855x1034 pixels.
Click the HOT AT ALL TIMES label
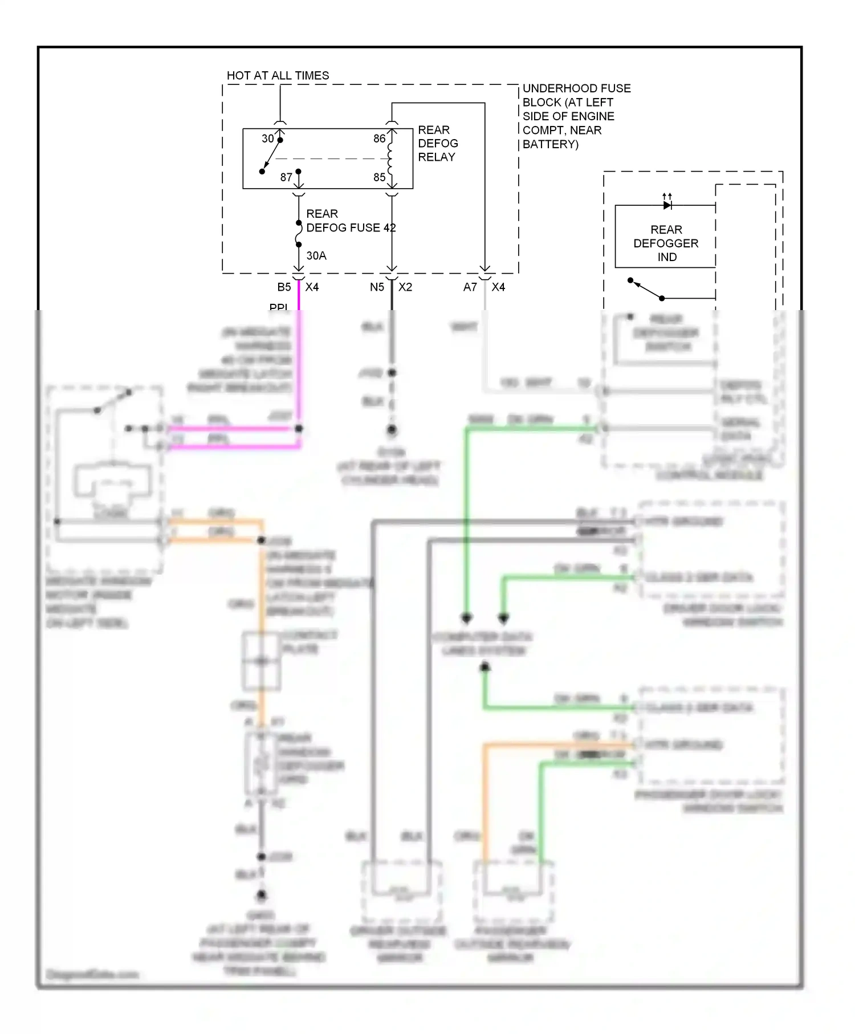click(x=278, y=75)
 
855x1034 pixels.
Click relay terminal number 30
click(x=267, y=139)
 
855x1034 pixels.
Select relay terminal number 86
click(x=379, y=139)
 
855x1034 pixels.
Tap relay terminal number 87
click(x=286, y=177)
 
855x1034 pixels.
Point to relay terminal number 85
click(x=379, y=177)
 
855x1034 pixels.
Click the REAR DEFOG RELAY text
click(x=437, y=143)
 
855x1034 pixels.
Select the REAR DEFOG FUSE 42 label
click(x=350, y=221)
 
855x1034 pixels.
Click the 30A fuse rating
click(x=316, y=256)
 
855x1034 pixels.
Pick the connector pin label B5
click(x=284, y=287)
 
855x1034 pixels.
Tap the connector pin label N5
click(x=377, y=287)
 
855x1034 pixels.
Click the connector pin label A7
click(x=470, y=287)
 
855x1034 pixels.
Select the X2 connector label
click(x=405, y=287)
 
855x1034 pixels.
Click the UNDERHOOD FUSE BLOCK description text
click(x=576, y=116)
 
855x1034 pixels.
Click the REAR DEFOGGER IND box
click(x=665, y=243)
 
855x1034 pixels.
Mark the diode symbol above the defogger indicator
click(x=667, y=205)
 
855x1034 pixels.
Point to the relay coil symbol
click(x=390, y=158)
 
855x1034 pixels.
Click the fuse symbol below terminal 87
click(x=298, y=234)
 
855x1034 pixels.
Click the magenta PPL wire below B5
click(x=298, y=353)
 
